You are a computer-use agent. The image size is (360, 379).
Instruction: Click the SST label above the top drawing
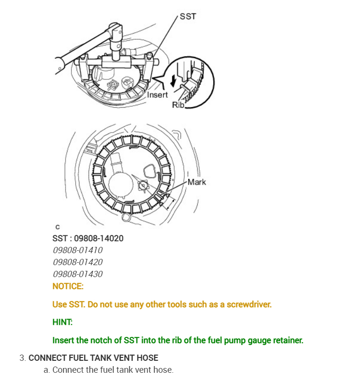point(188,16)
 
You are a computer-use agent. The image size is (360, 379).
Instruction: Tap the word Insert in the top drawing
point(157,95)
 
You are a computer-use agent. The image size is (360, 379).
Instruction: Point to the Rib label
point(178,105)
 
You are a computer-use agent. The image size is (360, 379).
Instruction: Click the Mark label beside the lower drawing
point(197,182)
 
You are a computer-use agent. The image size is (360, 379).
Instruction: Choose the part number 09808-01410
point(78,250)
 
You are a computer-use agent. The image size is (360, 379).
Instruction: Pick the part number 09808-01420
point(78,262)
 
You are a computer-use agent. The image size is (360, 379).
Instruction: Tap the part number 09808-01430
point(78,274)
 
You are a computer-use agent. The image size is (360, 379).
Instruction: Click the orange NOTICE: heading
point(68,286)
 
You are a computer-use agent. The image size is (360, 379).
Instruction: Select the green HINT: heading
point(62,322)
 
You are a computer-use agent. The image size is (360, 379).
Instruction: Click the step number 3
point(22,358)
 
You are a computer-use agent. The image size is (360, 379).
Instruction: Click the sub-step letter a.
point(46,370)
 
